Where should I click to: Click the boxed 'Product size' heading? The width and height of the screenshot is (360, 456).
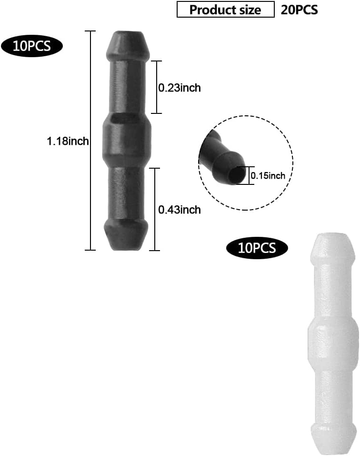225,10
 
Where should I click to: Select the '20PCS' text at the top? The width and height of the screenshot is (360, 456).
299,10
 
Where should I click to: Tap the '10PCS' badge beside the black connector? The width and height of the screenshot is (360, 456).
32,46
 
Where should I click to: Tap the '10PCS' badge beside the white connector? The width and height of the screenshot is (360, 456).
257,248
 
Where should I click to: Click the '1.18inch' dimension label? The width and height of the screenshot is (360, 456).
68,141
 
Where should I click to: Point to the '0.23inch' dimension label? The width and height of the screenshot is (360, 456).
179,88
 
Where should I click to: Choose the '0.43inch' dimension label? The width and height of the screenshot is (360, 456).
179,210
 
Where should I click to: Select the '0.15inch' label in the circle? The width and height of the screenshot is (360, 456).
268,175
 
